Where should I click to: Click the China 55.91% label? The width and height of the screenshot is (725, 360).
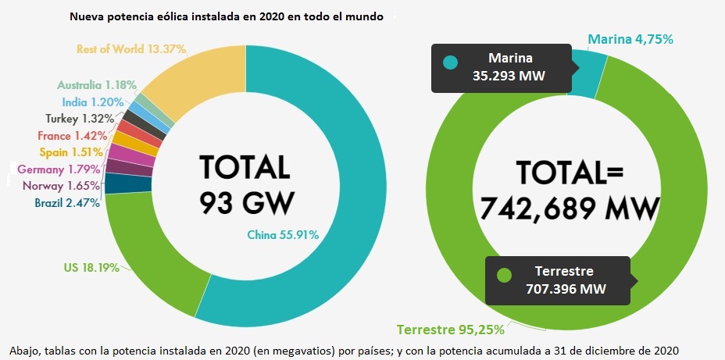[283, 234]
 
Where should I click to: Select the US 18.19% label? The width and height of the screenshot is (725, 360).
[91, 268]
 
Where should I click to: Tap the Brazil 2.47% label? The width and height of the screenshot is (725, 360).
[67, 203]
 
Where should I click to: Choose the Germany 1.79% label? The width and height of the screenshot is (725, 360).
[59, 169]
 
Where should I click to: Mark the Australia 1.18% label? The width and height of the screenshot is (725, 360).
[97, 84]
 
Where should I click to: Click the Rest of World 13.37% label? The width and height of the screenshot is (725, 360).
[130, 49]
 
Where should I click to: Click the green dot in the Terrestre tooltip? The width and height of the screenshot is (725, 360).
[504, 275]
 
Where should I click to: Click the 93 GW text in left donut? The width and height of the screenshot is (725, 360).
[246, 202]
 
